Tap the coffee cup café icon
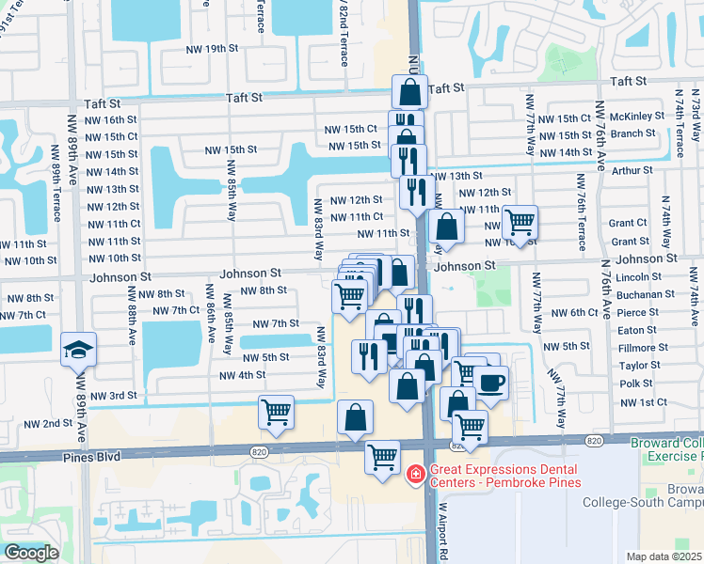490,383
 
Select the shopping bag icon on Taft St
409,92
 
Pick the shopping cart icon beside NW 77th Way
520,223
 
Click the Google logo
32,553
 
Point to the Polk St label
636,384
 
